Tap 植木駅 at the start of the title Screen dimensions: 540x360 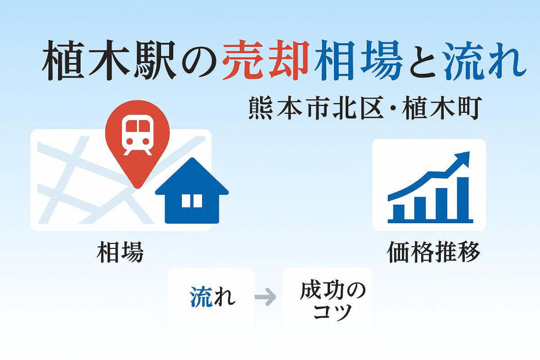109,60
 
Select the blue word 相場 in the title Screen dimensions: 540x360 359,60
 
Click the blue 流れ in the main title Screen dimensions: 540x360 485,60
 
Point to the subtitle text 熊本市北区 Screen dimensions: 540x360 316,108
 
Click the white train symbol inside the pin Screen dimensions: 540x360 138,135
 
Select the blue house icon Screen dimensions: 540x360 192,190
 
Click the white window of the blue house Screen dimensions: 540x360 192,201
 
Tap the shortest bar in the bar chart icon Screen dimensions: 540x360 399,212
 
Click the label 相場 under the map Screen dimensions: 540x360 120,252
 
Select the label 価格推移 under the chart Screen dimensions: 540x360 433,252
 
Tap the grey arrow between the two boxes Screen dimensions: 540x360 265,297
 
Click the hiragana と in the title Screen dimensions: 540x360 423,60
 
